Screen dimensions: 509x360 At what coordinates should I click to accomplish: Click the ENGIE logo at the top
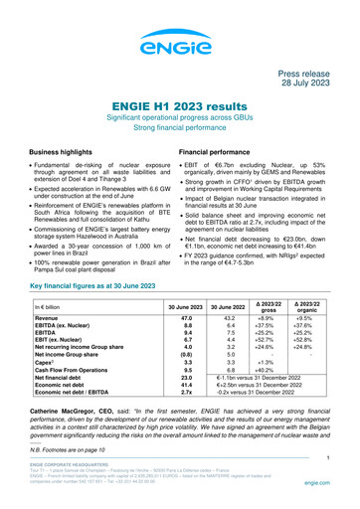[x=179, y=40]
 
